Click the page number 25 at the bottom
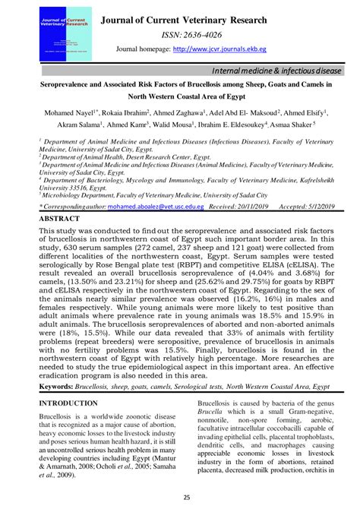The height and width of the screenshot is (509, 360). tap(180, 498)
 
